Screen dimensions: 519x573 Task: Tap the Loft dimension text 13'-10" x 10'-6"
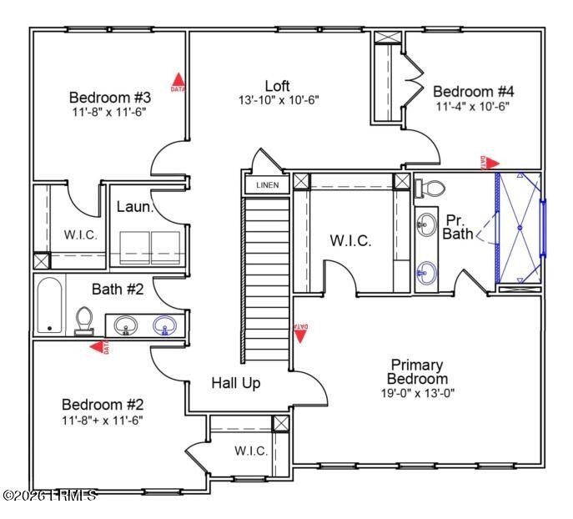(x=278, y=100)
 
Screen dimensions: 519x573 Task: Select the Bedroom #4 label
(x=472, y=91)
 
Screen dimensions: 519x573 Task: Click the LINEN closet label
(x=267, y=184)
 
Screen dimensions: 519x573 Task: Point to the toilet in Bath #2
(x=83, y=320)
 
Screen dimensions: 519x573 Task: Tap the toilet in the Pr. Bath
(x=425, y=187)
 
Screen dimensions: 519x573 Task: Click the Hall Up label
(x=235, y=383)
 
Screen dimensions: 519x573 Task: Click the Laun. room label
(x=134, y=206)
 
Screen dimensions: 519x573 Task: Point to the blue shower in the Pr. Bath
(x=519, y=227)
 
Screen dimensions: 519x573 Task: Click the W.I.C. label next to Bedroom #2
(x=250, y=451)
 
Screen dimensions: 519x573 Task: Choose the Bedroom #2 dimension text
(x=102, y=420)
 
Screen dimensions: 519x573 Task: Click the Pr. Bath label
(x=458, y=226)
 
